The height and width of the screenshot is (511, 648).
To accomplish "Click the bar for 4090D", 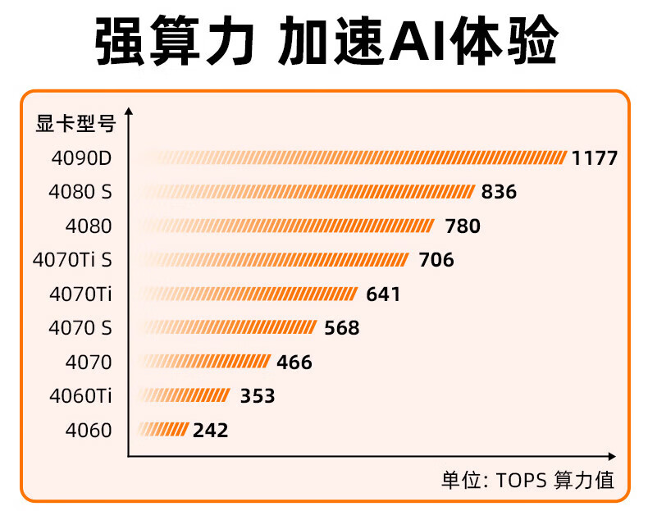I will coord(353,157).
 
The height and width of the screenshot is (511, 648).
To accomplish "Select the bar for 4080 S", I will coord(307,192).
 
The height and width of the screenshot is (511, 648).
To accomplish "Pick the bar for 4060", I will coord(164,430).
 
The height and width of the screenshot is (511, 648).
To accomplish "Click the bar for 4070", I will coord(204,362).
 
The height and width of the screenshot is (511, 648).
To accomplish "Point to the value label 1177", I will coord(595,158).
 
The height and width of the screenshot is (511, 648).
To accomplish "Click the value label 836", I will coord(500,192).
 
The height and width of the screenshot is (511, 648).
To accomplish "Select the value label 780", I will coord(463,226).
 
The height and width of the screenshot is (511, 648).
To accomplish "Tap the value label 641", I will coord(383,294).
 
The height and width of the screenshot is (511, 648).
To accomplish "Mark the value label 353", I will coord(258,396).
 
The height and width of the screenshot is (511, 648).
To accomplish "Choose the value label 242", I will coord(211,430).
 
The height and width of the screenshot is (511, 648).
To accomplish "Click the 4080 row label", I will coord(88,226).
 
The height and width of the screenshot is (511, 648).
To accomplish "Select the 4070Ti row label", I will coord(80,294).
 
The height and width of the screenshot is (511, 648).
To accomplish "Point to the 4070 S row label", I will coord(80,328).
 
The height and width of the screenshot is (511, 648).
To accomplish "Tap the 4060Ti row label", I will coord(80,396).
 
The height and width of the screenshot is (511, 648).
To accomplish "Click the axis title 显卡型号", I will coord(75,125).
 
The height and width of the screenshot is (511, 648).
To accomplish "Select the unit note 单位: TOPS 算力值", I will coord(527,481).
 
